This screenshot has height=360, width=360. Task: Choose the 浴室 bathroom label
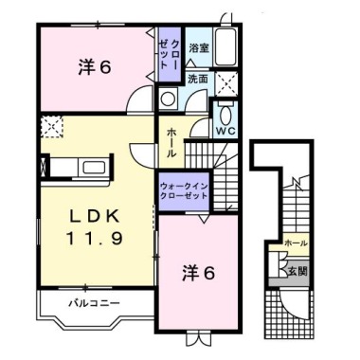[x=198, y=47]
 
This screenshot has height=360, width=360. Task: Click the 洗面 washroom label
[x=197, y=79]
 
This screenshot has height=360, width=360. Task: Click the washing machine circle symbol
[x=169, y=99]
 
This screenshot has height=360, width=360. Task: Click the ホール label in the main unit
[x=171, y=142]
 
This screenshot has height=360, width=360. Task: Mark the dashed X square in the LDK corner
[x=50, y=125]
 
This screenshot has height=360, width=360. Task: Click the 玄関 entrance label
[x=297, y=271]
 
